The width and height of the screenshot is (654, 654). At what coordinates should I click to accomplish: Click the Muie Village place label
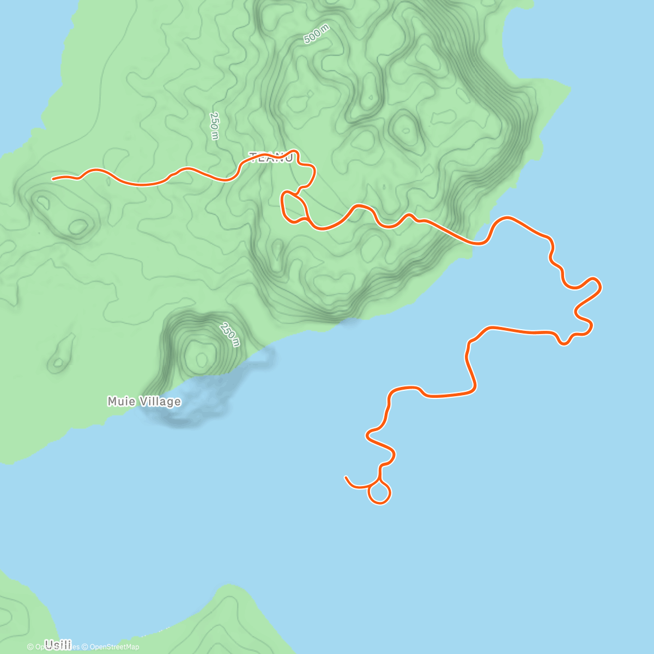point(144,402)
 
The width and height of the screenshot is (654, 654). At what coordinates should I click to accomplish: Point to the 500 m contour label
point(316,36)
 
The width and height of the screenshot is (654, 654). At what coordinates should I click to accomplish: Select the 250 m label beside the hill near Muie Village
point(230,334)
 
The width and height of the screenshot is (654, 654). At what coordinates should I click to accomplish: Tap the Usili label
point(58,645)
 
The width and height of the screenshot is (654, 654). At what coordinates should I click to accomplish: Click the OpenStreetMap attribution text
point(114,647)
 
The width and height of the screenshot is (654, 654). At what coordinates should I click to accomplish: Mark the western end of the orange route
point(53,178)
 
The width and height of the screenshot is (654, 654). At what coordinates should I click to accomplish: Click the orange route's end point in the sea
point(346,477)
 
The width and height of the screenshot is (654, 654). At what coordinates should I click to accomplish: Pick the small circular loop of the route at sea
point(379,493)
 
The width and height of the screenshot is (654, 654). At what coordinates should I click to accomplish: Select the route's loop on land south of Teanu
point(293,208)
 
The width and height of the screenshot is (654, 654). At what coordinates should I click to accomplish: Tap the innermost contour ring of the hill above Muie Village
point(202,359)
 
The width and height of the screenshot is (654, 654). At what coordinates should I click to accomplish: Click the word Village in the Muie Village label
point(158,402)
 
